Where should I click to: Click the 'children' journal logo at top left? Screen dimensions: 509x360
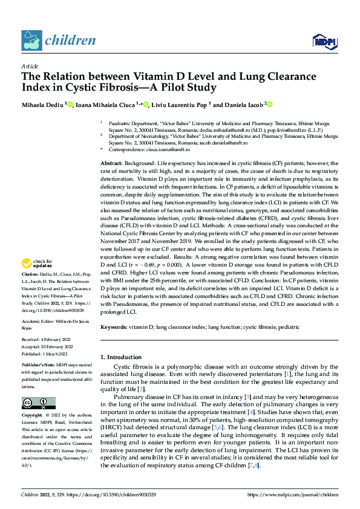pyautogui.click(x=59, y=41)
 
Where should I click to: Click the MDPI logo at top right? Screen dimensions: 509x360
pyautogui.click(x=324, y=41)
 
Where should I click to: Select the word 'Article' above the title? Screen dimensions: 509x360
pyautogui.click(x=30, y=66)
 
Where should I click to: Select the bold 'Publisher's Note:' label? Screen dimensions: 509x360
pyautogui.click(x=39, y=366)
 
